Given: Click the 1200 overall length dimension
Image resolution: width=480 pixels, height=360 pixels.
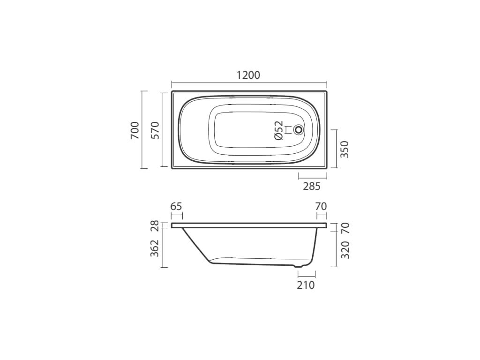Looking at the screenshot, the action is click(248, 75).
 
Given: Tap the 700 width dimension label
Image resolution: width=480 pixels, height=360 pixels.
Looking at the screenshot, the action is click(135, 130).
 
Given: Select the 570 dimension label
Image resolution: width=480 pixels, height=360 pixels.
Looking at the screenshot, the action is click(156, 130).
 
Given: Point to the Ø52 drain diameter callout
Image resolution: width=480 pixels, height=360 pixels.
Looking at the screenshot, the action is click(279, 130).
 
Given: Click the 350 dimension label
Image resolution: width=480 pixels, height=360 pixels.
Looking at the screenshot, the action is click(345, 149).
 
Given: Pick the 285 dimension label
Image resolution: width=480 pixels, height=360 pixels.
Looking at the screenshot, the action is click(312, 186).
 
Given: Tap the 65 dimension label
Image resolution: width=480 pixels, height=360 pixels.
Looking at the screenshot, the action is click(176, 207).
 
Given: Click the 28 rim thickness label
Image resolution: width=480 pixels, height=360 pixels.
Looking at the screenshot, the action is click(156, 225).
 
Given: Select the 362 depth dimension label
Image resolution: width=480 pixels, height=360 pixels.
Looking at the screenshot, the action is click(156, 248).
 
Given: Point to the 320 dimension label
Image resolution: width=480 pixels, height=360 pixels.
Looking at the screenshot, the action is click(345, 250).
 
